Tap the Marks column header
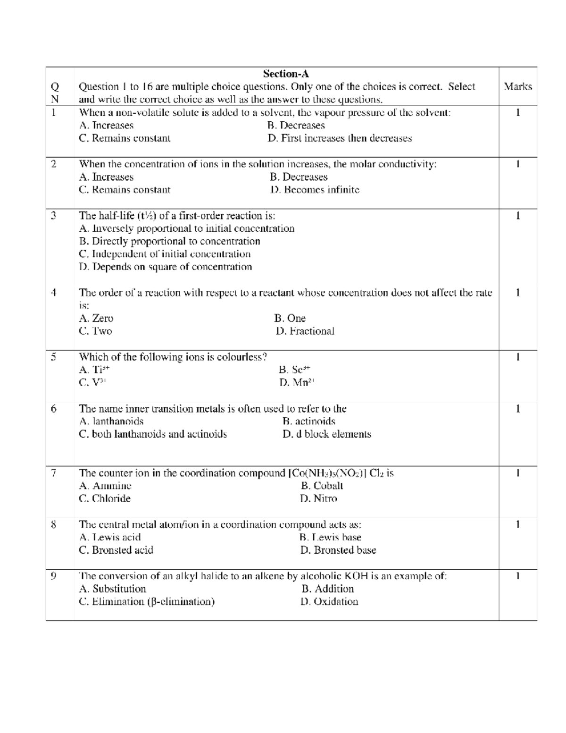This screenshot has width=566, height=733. (517, 86)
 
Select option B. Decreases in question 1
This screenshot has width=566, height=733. (296, 126)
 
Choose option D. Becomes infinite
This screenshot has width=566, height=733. (315, 190)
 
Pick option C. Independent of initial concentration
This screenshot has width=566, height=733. (165, 254)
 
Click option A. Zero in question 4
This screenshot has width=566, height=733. (96, 318)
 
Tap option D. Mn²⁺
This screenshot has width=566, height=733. (296, 382)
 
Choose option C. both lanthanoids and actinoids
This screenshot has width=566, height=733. (153, 434)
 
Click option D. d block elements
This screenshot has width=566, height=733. (327, 434)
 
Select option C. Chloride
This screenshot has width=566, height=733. (105, 498)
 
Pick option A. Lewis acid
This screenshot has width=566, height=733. (110, 537)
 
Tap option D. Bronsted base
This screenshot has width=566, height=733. (338, 550)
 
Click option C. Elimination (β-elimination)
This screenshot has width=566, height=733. (147, 601)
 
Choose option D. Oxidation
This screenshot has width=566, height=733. (329, 601)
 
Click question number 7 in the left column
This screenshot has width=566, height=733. (54, 473)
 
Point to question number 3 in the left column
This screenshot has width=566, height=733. (54, 216)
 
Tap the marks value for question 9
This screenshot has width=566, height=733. (517, 576)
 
